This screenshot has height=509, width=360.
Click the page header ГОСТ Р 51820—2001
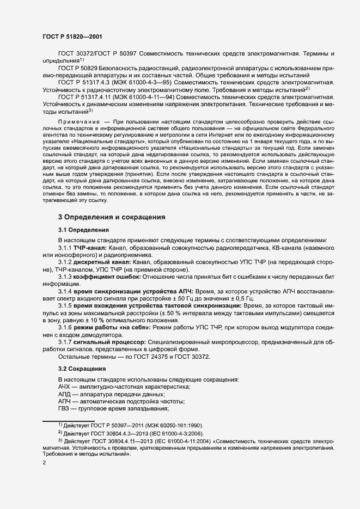coord(70,35)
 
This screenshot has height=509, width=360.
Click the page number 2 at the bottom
coord(44,462)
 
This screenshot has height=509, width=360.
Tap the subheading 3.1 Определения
coord(83,230)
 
